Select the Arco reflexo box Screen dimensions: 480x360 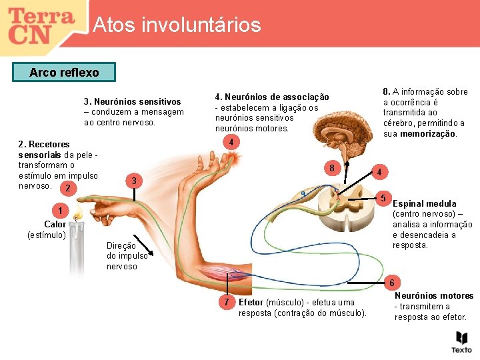tap(64, 72)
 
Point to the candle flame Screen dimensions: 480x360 tap(77, 215)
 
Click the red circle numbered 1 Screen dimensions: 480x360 tap(60, 211)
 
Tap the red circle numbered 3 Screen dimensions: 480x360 tap(134, 181)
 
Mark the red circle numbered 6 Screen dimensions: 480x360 tap(393, 282)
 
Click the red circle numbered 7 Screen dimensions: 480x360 tap(227, 302)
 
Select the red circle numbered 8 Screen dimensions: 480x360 tap(331, 167)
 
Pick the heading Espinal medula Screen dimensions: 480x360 tap(425, 203)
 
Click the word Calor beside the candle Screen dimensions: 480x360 tap(55, 224)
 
